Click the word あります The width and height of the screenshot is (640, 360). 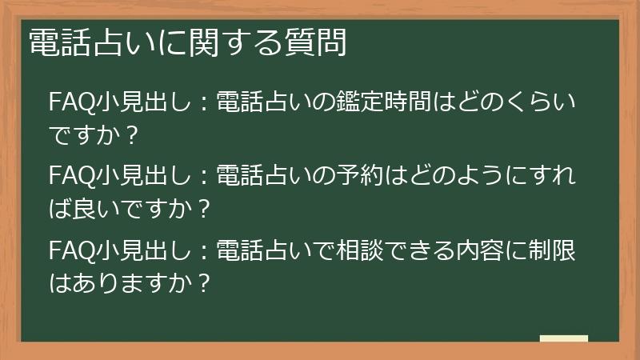pos(111,283)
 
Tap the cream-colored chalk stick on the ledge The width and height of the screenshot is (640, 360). pos(564,338)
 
